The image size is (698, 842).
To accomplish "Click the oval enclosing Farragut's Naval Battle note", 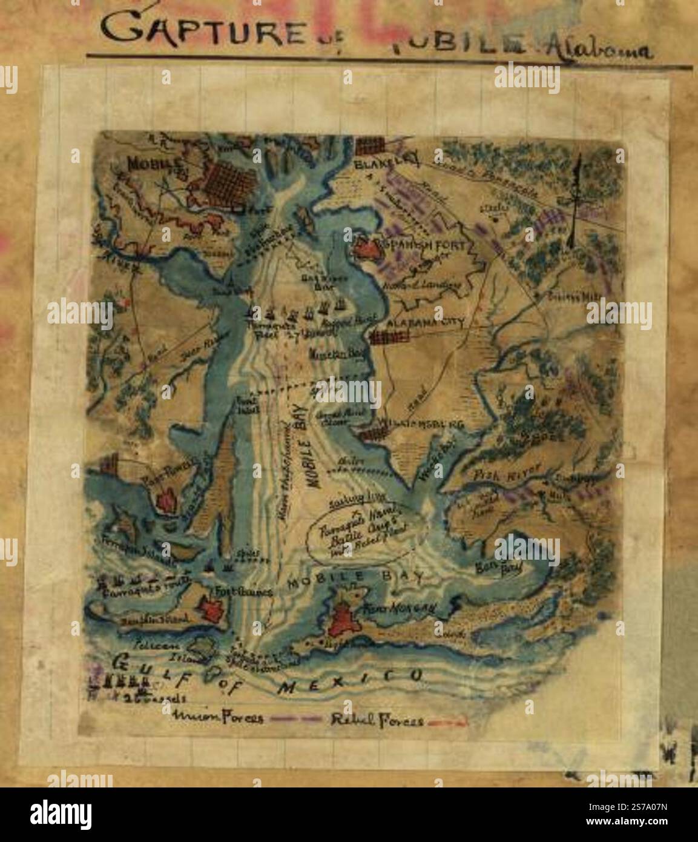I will (357, 532).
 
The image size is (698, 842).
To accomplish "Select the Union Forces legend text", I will (219, 718).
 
